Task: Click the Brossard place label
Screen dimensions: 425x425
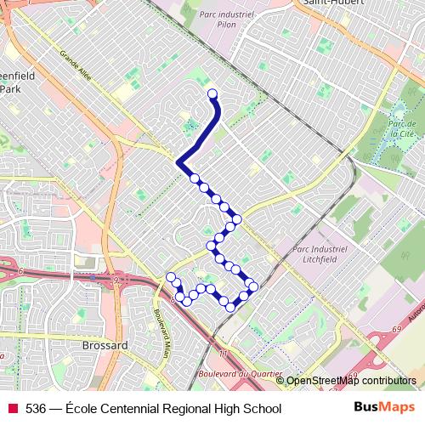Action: coord(105,346)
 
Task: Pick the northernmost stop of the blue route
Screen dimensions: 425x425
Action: coord(212,93)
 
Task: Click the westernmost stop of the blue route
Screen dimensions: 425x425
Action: coord(171,277)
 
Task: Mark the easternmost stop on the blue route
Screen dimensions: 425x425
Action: coord(253,286)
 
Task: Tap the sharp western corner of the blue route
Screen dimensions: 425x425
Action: coord(178,161)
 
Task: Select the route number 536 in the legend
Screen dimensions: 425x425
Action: coord(37,409)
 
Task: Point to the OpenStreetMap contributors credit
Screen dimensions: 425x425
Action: coord(350,381)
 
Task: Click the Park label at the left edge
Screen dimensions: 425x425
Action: coord(9,88)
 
